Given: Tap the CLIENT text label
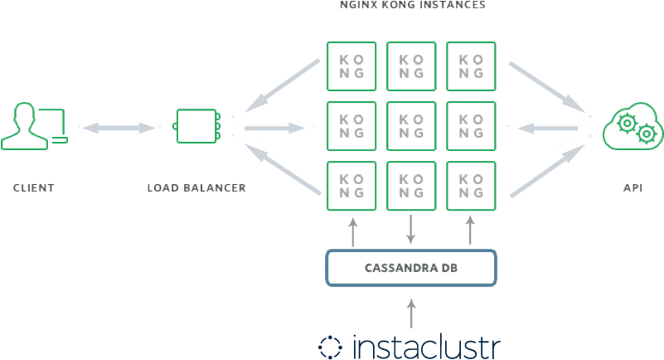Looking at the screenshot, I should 34,188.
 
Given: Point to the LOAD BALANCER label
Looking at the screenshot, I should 196,188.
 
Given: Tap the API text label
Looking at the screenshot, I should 633,188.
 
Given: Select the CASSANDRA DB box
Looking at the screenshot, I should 411,268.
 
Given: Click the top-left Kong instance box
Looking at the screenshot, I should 352,66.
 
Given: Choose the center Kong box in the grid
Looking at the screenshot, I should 412,126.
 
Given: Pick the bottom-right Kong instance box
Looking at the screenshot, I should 471,186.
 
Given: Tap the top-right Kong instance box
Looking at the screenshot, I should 471,66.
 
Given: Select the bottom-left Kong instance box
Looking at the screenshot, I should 352,186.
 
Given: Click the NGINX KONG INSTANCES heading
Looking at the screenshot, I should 412,5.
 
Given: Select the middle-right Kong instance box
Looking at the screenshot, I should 471,126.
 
